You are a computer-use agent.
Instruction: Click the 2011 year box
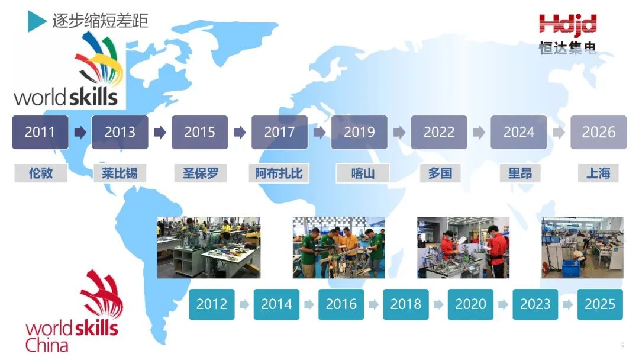[x=40, y=132]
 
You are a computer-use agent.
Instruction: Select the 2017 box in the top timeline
[x=279, y=132]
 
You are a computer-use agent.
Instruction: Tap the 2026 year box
[x=598, y=132]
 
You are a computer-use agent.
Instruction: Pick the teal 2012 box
[x=211, y=304]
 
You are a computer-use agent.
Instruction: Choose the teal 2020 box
[x=470, y=304]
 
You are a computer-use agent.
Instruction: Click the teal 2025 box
[x=600, y=304]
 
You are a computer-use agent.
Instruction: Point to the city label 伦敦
[x=41, y=173]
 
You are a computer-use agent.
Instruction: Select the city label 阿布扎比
[x=279, y=173]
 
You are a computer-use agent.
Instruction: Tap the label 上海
[x=598, y=173]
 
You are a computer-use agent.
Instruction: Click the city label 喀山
[x=363, y=173]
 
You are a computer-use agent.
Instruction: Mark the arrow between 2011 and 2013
[x=80, y=132]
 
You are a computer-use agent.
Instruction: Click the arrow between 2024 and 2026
[x=559, y=132]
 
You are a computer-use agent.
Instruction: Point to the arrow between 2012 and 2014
[x=244, y=304]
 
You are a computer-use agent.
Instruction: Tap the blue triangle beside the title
[x=37, y=21]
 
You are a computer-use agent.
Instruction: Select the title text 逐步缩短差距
[x=100, y=21]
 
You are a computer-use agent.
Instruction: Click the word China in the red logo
[x=47, y=345]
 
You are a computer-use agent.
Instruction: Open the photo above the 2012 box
[x=209, y=247]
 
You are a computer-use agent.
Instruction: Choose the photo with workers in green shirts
[x=338, y=247]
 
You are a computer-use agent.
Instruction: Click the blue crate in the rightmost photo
[x=570, y=268]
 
